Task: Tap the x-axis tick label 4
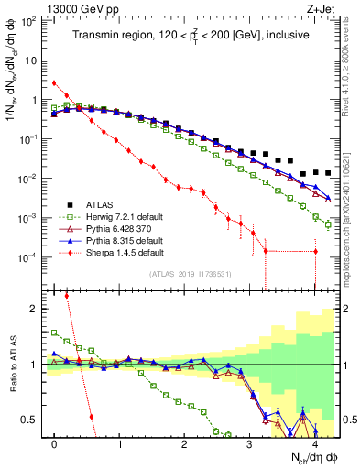315,444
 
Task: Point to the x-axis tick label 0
54,444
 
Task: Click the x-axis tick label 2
185,444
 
